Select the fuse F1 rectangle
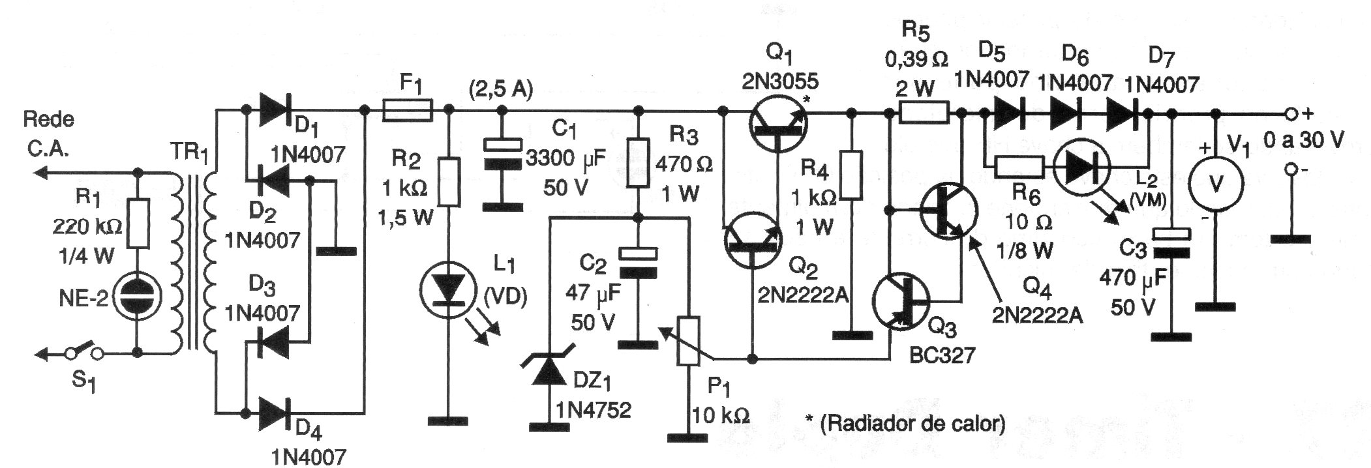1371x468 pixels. click(406, 110)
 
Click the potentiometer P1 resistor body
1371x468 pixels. click(689, 342)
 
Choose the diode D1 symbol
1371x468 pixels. click(273, 111)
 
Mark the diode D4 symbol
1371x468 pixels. click(273, 412)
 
